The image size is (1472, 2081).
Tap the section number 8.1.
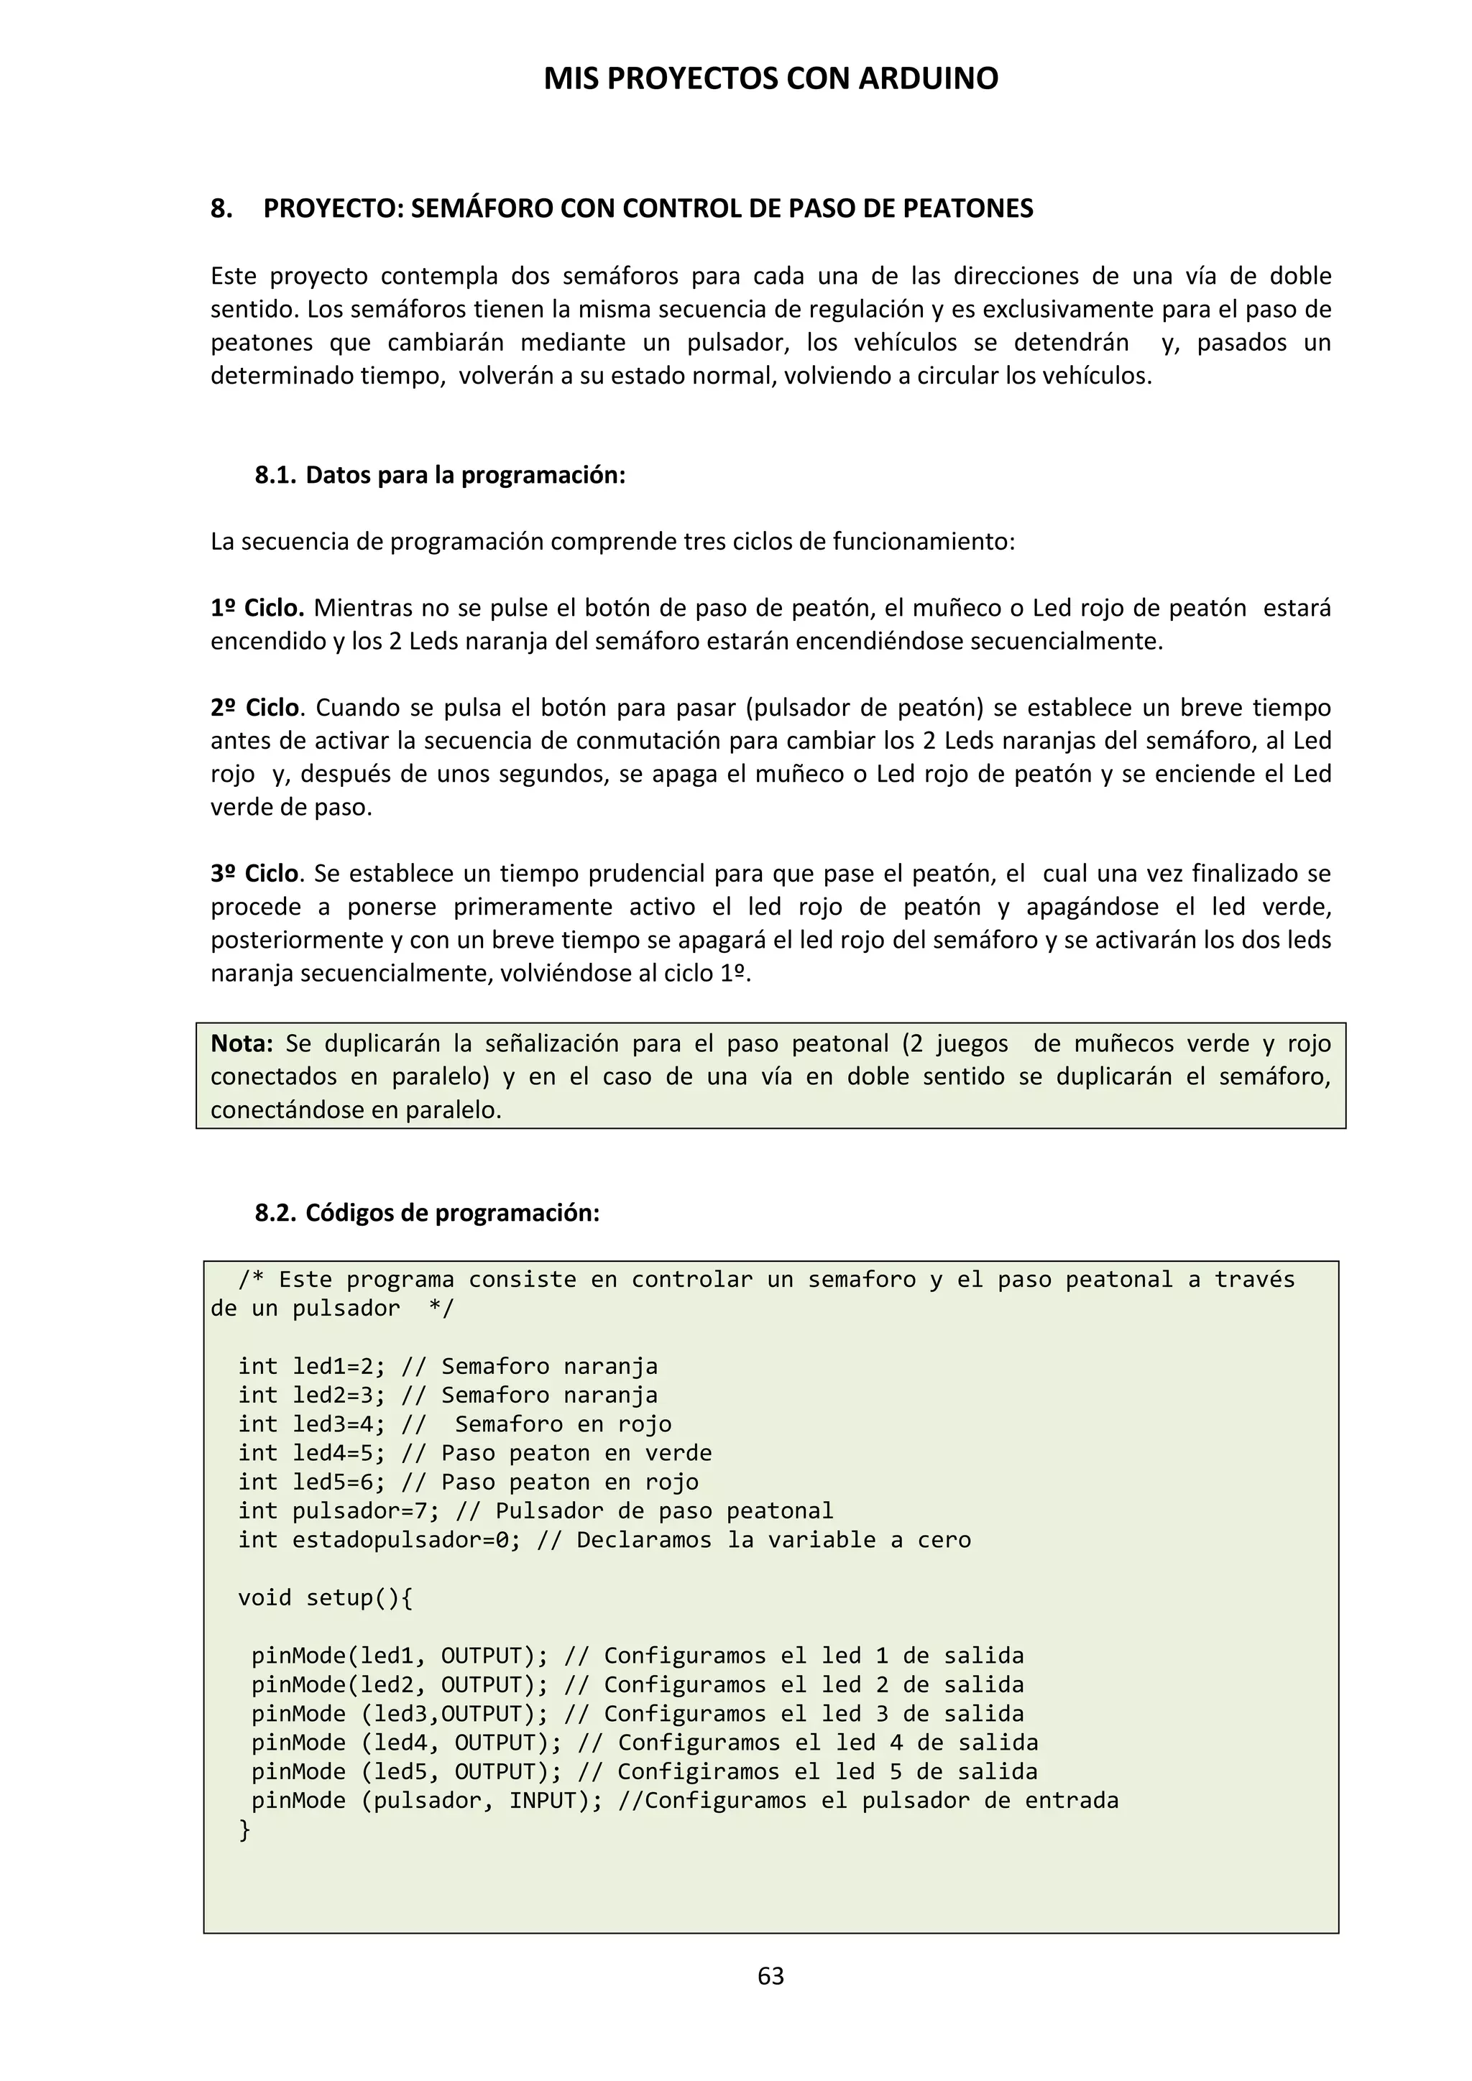point(275,475)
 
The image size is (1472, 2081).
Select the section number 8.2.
point(275,1213)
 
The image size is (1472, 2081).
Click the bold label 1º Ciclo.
point(257,608)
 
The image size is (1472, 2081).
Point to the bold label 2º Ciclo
point(254,708)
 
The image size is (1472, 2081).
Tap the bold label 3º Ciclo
point(254,874)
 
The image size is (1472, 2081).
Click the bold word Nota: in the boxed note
point(241,1043)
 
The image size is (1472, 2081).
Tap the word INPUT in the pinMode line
point(542,1800)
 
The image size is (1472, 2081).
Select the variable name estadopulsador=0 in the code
point(399,1540)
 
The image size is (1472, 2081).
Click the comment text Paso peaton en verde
point(576,1453)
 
